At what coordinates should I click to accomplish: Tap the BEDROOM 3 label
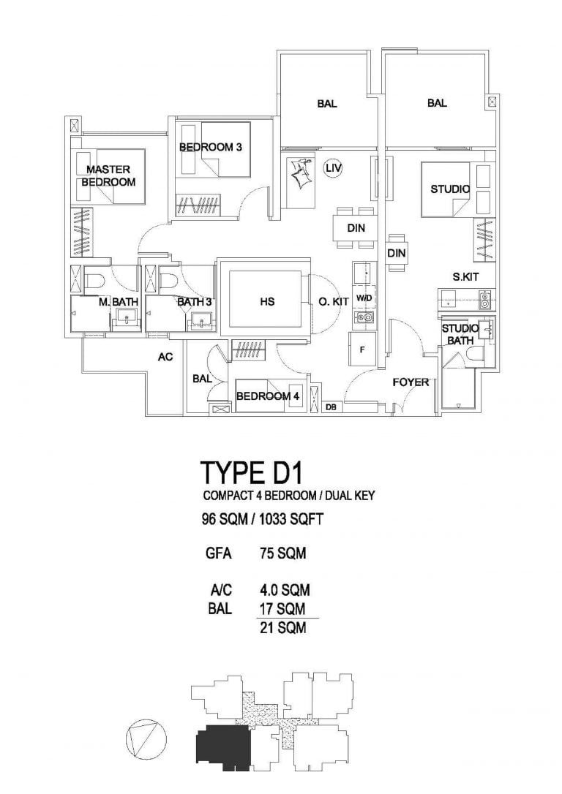tap(211, 147)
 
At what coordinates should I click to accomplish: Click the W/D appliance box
tap(364, 299)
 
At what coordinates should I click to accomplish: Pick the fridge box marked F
tap(362, 349)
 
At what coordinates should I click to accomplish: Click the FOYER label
tap(411, 382)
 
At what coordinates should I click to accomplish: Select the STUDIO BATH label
tap(460, 334)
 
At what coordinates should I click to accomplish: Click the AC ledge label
tap(165, 358)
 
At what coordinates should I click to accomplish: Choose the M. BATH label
tap(113, 301)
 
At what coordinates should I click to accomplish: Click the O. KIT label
tap(333, 301)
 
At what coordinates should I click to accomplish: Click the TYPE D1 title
tap(252, 473)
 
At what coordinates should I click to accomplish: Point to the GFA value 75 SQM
tap(282, 553)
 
